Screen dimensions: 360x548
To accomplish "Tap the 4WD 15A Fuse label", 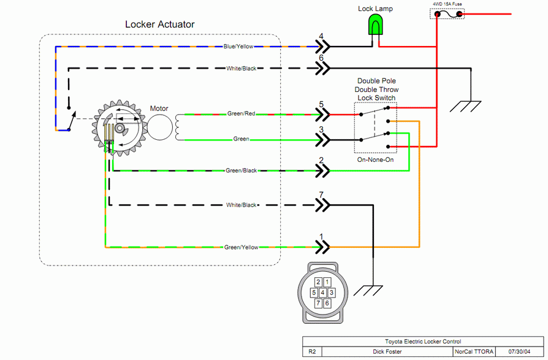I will (447, 4).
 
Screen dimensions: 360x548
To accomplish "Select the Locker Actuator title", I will (159, 25).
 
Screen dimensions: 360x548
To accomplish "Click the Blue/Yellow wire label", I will (239, 46).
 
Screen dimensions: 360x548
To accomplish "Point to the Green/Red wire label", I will (242, 113).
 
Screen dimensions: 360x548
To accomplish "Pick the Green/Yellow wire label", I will (241, 247).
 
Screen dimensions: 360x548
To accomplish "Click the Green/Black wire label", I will (241, 170).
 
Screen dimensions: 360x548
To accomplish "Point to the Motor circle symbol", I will (159, 126).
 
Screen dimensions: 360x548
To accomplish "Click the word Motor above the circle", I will (159, 109).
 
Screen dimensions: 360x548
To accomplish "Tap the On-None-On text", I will (375, 159).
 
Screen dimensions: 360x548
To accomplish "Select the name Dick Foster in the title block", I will (387, 352).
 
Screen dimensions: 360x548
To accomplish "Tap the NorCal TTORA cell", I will (473, 352).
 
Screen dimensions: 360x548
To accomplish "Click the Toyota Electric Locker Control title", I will (423, 342).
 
